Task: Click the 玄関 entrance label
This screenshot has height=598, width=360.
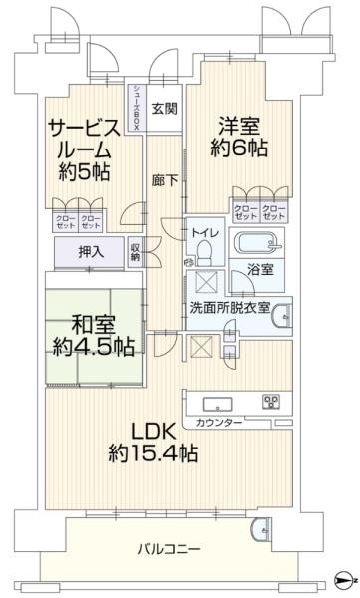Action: coord(164,110)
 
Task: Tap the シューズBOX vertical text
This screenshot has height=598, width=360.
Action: coord(137,108)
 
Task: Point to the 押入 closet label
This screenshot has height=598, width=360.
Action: coord(91,253)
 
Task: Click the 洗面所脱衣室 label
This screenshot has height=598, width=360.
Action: coord(230,307)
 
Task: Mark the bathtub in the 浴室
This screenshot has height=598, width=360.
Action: coord(257,243)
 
